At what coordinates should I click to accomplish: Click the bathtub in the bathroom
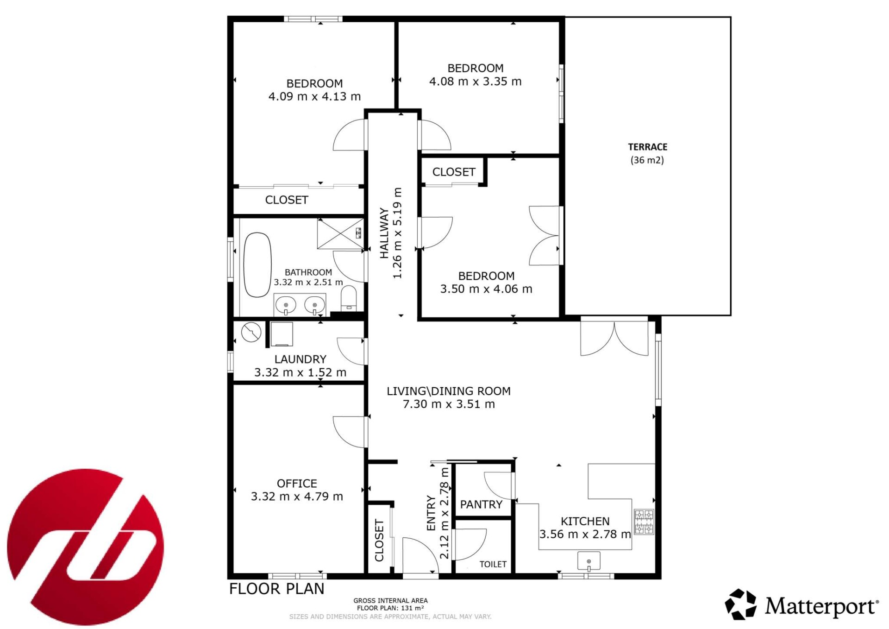point(257,264)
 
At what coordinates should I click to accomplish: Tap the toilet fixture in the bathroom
point(349,298)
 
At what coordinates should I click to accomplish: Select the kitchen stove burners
point(644,522)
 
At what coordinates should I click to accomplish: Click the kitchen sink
point(589,561)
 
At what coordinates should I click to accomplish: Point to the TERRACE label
point(647,147)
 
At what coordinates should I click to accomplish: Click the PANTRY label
point(481,504)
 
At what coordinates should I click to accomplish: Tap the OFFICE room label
point(297,484)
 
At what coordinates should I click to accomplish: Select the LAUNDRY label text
point(300,359)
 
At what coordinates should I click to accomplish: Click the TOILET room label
point(493,564)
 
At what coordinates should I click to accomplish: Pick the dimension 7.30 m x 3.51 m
point(449,404)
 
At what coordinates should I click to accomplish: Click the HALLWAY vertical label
point(384,233)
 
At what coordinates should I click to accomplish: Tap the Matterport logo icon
point(740,604)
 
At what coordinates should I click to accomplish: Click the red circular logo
point(86,547)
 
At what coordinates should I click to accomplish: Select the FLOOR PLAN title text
point(276,589)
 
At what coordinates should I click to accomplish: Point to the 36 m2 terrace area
point(647,160)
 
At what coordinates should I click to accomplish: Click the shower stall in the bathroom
point(340,233)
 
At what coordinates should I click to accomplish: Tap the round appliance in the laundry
point(251,332)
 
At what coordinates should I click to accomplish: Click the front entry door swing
point(419,556)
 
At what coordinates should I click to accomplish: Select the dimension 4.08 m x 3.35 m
point(476,82)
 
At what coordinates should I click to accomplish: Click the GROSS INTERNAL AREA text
point(390,601)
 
